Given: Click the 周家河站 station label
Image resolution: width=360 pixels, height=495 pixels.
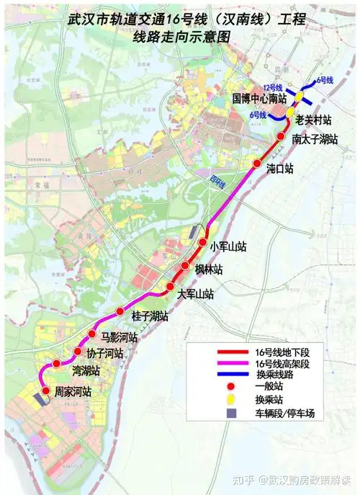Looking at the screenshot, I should coord(73,393).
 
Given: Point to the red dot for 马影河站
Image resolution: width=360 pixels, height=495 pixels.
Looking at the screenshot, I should coord(92,334).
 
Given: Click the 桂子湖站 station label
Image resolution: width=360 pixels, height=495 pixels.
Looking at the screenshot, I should coord(150,316).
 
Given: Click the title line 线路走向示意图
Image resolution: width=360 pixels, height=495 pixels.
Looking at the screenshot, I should coord(180,36).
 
